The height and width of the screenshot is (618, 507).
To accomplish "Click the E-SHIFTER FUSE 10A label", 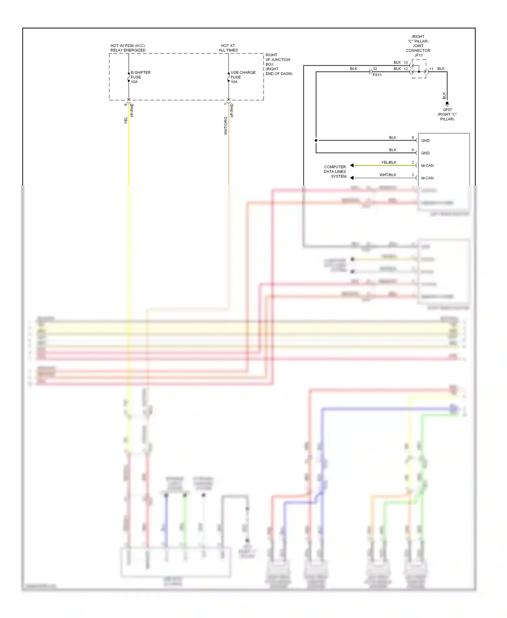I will coord(140,77).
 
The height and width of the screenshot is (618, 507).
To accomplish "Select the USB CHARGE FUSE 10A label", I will coord(243,77).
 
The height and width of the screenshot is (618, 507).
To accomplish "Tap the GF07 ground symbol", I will coord(447,103).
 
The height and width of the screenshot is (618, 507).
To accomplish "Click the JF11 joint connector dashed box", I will coord(419,69).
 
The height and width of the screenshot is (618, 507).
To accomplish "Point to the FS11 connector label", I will coord(377,75).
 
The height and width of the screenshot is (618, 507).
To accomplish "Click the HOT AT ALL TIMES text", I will coord(228,48).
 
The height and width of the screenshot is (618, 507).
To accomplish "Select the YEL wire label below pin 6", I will coord(126,120).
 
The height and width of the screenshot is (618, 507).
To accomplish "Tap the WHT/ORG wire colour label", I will coord(225,126).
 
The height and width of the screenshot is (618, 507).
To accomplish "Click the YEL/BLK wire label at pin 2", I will coord(388,162).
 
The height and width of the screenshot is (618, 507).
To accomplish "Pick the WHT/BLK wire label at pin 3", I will coord(387,175).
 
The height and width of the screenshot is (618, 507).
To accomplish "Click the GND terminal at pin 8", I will coord(425,141).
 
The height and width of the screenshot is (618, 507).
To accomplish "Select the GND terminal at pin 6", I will coord(425,153).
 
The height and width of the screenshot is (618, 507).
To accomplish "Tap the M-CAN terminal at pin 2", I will coord(427,166).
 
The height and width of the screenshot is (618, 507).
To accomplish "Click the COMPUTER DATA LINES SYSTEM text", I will coord(335,171).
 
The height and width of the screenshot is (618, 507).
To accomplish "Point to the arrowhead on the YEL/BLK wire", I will coord(352,165).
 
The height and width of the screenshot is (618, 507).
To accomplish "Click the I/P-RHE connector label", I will coord(132,110).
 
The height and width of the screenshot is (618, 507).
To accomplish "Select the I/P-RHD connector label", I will coord(232,110).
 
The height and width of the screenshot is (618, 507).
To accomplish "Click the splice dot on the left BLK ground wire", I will coord(316,140).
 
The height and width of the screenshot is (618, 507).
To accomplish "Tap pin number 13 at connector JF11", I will coord(406,63).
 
